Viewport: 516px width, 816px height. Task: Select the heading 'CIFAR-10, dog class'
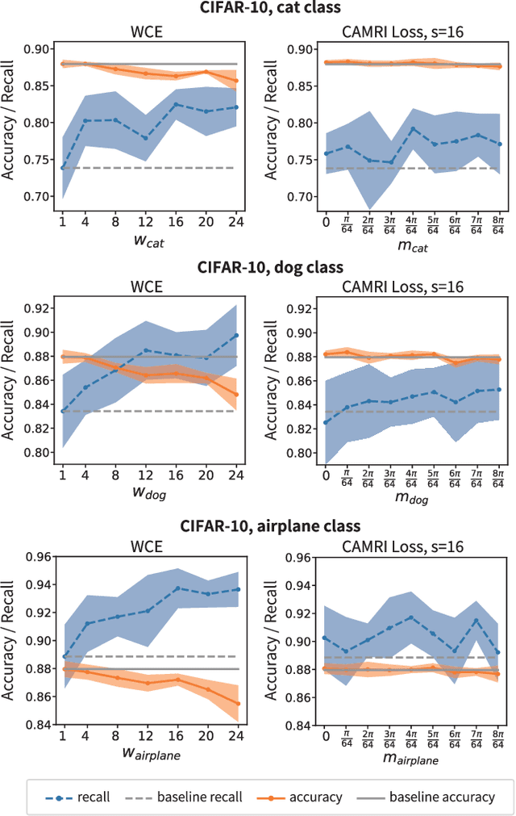pyautogui.click(x=270, y=266)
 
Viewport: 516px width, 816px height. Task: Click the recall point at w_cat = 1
pyautogui.click(x=64, y=167)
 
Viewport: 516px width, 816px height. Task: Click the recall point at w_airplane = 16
pyautogui.click(x=177, y=588)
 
